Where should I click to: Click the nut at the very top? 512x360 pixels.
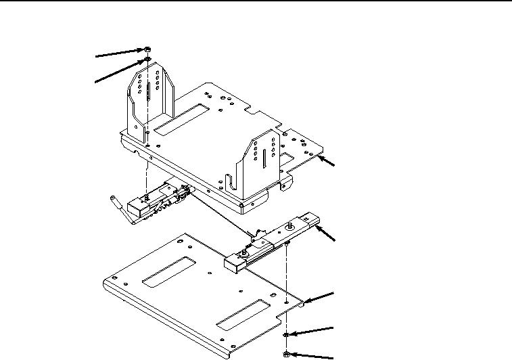point(147,49)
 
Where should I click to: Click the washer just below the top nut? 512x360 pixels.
point(147,60)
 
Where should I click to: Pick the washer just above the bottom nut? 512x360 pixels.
point(287,335)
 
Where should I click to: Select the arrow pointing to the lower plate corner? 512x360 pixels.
point(321,295)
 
